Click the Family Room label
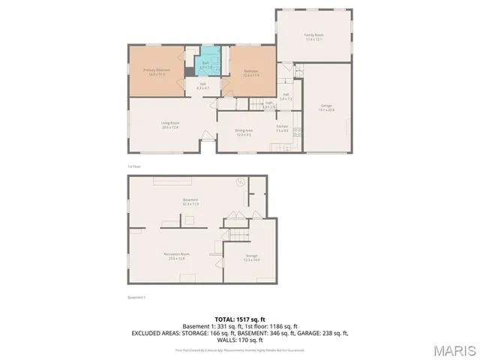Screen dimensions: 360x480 [x=313, y=37]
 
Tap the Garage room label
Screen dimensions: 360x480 [x=326, y=108]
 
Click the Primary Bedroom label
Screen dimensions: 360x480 [x=157, y=72]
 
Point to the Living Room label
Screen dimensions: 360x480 [x=169, y=124]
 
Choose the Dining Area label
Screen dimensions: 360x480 [x=244, y=133]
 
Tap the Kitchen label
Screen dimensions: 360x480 [x=282, y=128]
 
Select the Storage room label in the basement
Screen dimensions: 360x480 [x=251, y=258]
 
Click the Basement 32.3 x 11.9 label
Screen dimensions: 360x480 [x=190, y=202]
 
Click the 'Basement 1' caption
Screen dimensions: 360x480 [x=136, y=298]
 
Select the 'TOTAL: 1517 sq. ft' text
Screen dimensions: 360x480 [x=240, y=319]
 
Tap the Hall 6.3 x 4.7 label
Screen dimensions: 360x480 [x=202, y=88]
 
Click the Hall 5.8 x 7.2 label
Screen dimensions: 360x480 [x=286, y=96]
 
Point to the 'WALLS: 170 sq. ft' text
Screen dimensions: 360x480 [x=240, y=339]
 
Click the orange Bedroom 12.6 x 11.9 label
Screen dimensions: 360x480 [x=250, y=73]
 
